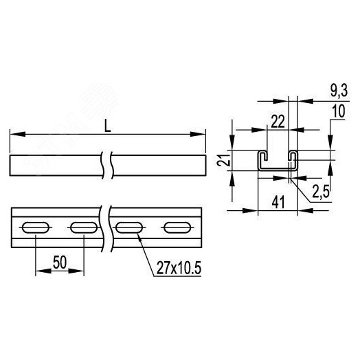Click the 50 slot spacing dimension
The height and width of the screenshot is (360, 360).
click(x=59, y=262)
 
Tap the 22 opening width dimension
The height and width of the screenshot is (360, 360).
click(x=278, y=122)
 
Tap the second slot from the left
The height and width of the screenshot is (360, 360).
click(x=84, y=228)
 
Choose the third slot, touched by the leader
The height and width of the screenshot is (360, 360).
click(x=129, y=228)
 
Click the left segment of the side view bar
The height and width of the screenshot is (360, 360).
click(x=55, y=166)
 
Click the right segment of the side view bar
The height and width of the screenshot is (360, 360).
click(x=158, y=166)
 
